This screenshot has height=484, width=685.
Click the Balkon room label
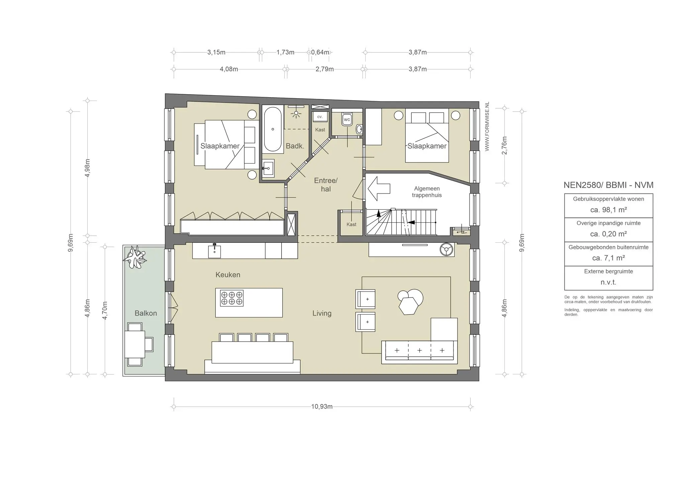tap(145, 313)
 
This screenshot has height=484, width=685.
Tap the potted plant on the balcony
tap(135, 257)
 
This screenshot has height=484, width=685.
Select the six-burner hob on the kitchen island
tap(232, 298)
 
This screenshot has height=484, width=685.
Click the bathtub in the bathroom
tap(273, 129)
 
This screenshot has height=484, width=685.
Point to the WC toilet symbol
tap(347, 119)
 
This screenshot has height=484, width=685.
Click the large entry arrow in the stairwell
tap(379, 189)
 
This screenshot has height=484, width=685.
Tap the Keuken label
tap(228, 275)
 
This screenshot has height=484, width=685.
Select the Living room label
tap(322, 313)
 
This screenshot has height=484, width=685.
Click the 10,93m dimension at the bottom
tap(322, 407)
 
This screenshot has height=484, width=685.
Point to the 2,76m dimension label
tap(505, 145)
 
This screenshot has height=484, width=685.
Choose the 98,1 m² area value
tap(608, 210)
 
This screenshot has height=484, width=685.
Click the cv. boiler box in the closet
tap(320, 117)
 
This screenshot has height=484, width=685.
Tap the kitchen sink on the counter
tap(214, 251)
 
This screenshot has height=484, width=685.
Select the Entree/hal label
tap(326, 185)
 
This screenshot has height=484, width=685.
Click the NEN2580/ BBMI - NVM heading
tap(608, 185)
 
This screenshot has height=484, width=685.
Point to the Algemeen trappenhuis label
tap(427, 192)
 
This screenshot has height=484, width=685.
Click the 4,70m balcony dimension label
tap(105, 311)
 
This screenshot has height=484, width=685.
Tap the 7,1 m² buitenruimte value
tap(608, 258)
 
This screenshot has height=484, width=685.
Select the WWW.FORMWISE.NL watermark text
tap(487, 126)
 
